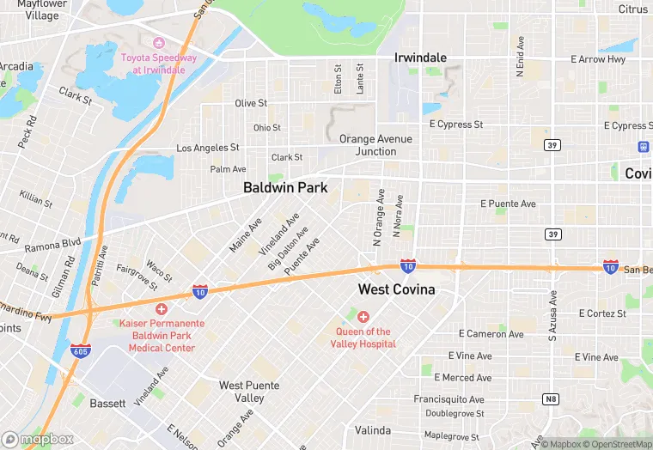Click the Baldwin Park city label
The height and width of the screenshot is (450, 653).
[285, 186]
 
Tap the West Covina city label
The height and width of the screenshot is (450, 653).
[396, 289]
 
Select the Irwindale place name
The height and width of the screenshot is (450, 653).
[420, 58]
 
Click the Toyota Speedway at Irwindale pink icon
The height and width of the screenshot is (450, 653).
[158, 43]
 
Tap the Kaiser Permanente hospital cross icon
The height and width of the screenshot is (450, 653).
[161, 308]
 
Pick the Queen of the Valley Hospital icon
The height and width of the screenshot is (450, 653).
[363, 317]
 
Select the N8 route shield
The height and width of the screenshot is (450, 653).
[550, 398]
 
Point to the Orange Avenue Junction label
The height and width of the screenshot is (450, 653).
[375, 145]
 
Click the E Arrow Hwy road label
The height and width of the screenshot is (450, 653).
[598, 59]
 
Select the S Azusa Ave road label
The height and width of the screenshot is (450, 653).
[553, 315]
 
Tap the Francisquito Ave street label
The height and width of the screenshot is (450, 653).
[449, 399]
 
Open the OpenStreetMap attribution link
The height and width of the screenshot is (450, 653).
[615, 444]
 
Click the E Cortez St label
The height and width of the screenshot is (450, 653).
[590, 313]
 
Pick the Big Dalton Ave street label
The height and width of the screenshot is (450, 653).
[288, 249]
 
